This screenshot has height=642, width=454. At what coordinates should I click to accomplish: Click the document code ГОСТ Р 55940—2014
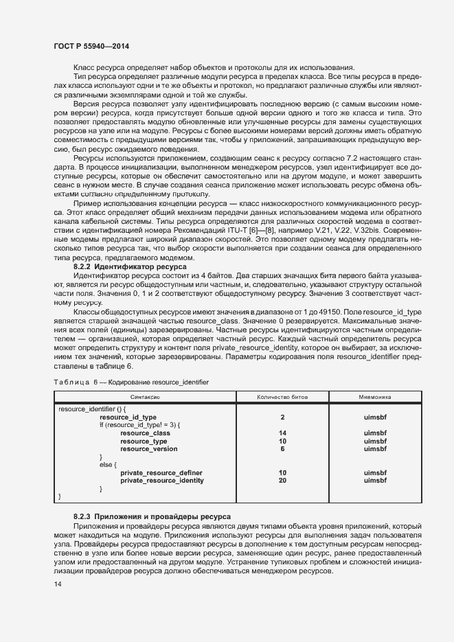click(91, 46)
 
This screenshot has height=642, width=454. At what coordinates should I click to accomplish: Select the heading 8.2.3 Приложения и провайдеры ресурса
click(152, 516)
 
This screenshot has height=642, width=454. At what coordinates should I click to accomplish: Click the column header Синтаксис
click(145, 397)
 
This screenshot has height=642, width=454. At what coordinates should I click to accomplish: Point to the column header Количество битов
click(282, 397)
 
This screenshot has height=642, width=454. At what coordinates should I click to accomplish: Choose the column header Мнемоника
click(375, 397)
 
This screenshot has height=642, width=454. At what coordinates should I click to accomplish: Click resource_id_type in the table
click(128, 417)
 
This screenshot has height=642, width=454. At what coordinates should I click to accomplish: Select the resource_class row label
click(145, 433)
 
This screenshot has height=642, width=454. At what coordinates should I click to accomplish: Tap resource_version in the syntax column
click(148, 449)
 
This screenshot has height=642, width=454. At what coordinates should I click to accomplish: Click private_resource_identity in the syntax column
click(161, 481)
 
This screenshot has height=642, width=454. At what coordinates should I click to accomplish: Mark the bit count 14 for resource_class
click(282, 433)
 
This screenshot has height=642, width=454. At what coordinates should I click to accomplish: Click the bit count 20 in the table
click(282, 481)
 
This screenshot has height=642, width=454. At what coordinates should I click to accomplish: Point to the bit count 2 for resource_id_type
click(282, 417)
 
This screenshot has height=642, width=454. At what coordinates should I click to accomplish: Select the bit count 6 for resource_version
click(282, 449)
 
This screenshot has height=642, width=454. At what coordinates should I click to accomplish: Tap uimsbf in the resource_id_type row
click(375, 417)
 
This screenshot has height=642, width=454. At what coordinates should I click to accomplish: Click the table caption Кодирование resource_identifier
click(159, 382)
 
